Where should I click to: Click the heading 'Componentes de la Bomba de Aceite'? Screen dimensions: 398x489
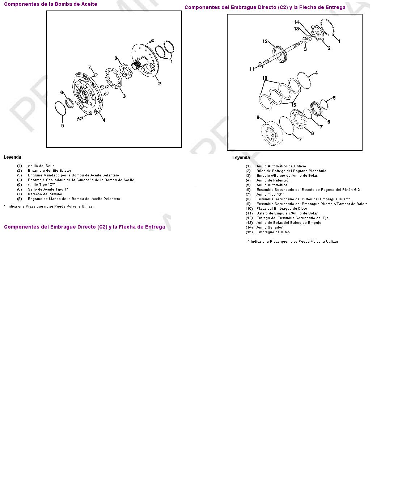click(x=50, y=4)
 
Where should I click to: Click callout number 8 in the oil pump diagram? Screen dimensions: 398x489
click(x=116, y=58)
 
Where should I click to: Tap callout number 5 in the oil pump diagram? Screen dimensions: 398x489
click(x=62, y=126)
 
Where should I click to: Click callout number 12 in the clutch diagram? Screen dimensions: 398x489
click(x=265, y=41)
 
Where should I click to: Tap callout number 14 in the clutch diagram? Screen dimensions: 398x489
click(x=296, y=22)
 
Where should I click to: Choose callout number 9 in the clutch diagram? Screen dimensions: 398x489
click(x=258, y=118)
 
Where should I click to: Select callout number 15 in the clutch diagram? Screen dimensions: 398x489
click(x=293, y=105)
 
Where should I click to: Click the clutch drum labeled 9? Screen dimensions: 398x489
click(x=272, y=133)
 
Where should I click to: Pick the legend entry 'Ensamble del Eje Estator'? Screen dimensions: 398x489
click(x=50, y=171)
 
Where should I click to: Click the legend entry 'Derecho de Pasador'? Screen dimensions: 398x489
click(x=45, y=194)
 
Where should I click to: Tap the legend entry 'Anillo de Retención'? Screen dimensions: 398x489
click(x=273, y=180)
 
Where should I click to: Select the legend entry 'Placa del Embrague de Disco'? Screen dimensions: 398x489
click(x=281, y=208)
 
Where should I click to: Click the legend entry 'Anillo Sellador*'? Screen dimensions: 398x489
click(x=270, y=227)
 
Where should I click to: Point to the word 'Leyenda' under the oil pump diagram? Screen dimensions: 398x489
click(x=12, y=157)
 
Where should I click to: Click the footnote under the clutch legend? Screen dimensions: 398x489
click(x=293, y=242)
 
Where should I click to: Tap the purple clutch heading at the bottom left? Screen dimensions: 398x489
click(x=84, y=227)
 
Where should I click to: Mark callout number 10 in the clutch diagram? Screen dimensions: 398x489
click(x=264, y=78)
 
